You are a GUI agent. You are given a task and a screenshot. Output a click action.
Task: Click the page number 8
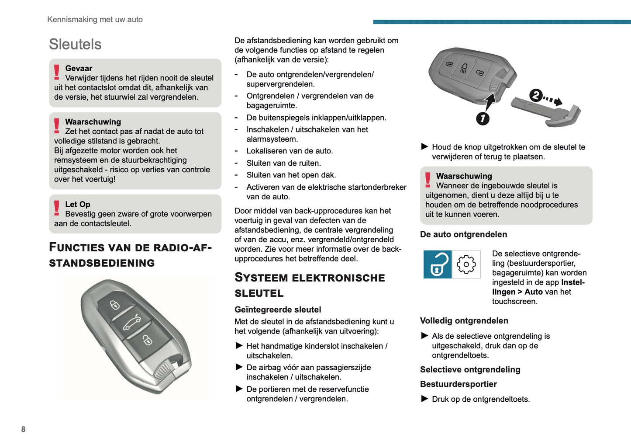(x=23, y=429)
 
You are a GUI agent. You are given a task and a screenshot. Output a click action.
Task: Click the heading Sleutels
(x=75, y=44)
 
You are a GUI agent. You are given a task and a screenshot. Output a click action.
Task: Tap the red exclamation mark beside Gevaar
(x=57, y=72)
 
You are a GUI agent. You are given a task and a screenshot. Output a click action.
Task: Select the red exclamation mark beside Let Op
(x=57, y=208)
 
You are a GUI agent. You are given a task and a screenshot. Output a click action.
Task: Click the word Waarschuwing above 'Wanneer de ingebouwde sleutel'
(x=464, y=176)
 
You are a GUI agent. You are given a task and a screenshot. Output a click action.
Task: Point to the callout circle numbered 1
(x=483, y=118)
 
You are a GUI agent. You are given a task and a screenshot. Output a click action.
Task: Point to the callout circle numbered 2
(x=536, y=95)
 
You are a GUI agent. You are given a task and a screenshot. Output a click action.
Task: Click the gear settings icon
(x=466, y=264)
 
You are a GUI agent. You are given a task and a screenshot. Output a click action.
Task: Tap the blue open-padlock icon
(x=438, y=264)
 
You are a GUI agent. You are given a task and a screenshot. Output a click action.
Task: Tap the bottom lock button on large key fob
(x=147, y=340)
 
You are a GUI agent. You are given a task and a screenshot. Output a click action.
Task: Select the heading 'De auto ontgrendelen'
(x=463, y=234)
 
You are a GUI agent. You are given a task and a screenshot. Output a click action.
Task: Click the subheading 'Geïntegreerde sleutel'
(x=278, y=309)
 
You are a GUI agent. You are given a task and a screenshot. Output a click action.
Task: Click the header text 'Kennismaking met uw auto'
(x=95, y=19)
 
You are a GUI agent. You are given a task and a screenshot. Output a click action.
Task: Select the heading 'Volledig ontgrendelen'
(x=464, y=320)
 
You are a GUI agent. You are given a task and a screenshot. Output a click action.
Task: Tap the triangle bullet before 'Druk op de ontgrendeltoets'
(x=424, y=399)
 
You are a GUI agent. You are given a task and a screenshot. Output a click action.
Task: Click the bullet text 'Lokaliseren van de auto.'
(x=290, y=151)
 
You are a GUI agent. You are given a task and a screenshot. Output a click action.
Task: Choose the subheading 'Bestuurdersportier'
(x=458, y=384)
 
